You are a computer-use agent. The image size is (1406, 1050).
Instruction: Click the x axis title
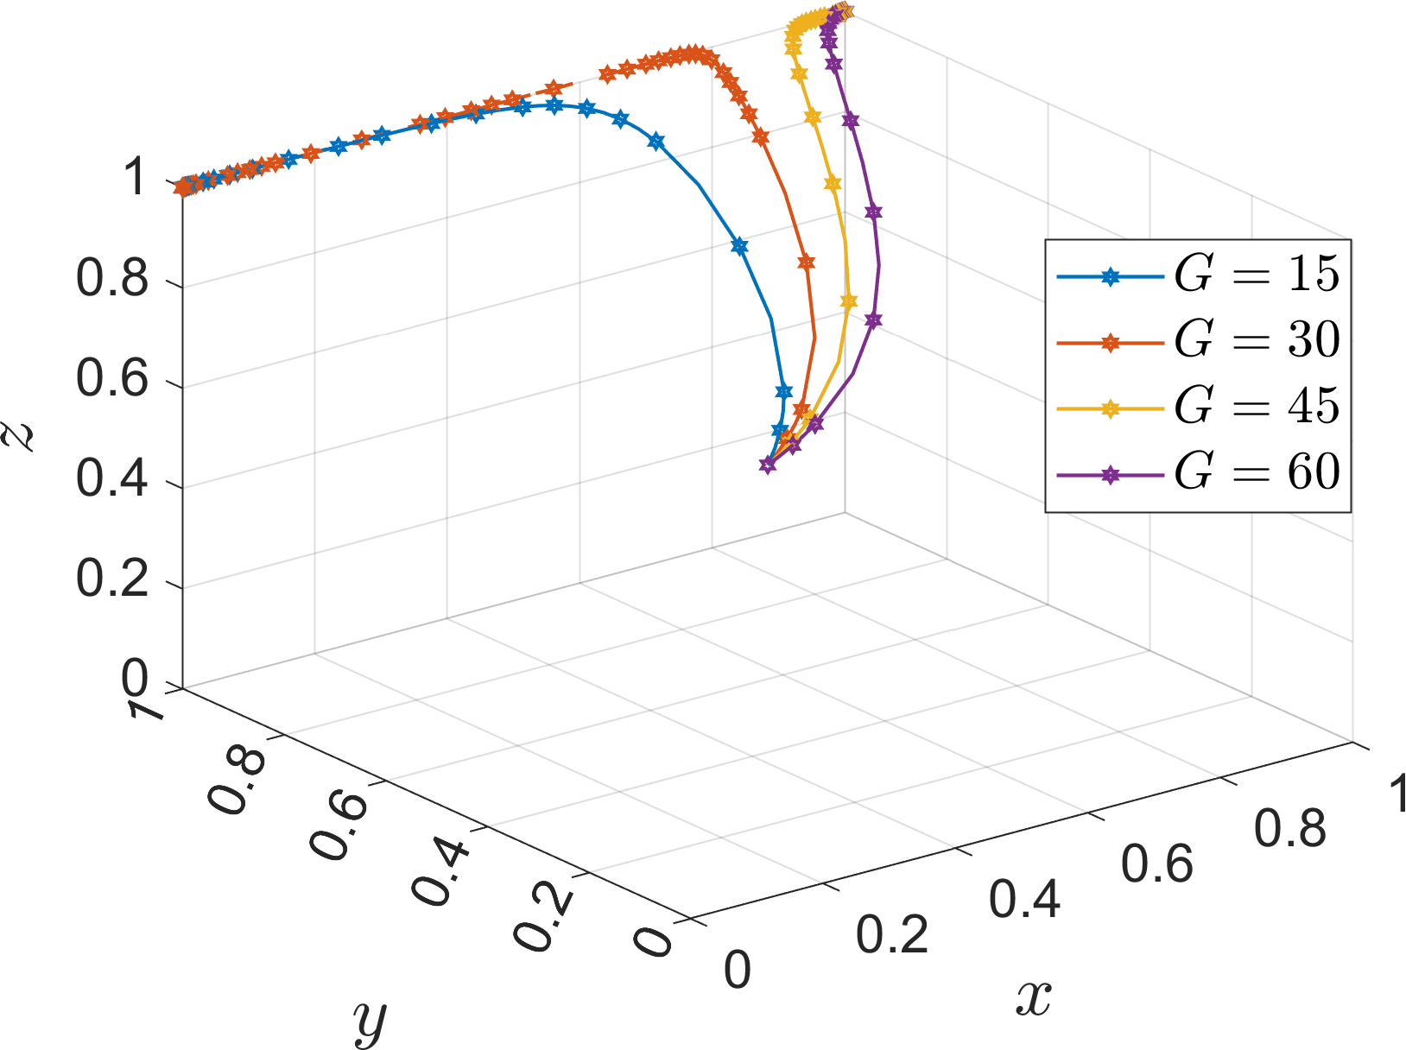(1033, 1000)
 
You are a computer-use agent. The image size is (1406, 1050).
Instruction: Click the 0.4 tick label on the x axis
(1024, 900)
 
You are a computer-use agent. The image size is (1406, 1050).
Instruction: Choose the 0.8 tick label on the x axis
(1289, 829)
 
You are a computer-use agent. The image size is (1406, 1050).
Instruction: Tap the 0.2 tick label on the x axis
(892, 935)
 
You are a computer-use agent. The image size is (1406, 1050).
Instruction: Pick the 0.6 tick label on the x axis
(1157, 864)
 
